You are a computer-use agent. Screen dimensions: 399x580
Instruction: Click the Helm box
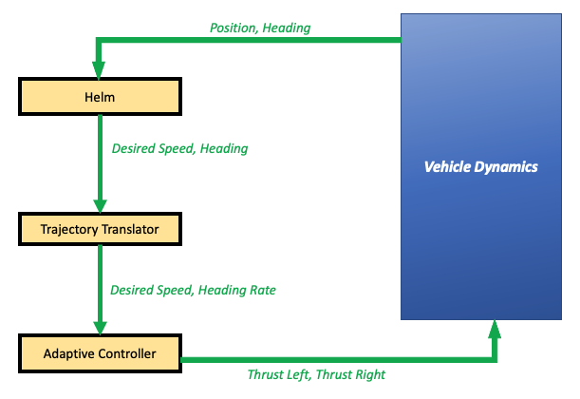(x=100, y=95)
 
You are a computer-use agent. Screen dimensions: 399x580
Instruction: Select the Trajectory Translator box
(x=100, y=229)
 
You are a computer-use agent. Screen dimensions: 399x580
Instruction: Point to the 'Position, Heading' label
(x=260, y=28)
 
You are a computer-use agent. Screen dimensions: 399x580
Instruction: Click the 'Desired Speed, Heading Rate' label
(x=193, y=290)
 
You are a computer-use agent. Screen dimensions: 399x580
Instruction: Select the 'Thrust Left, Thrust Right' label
(x=316, y=375)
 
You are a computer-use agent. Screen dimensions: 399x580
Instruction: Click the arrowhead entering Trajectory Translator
(x=100, y=204)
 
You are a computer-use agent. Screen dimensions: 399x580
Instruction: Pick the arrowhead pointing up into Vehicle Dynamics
(x=494, y=331)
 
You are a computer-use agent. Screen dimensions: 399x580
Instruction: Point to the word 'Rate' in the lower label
(x=261, y=290)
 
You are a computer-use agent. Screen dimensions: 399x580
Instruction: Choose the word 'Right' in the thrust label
(x=368, y=375)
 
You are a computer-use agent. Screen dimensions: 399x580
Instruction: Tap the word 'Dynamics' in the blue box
(x=510, y=167)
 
